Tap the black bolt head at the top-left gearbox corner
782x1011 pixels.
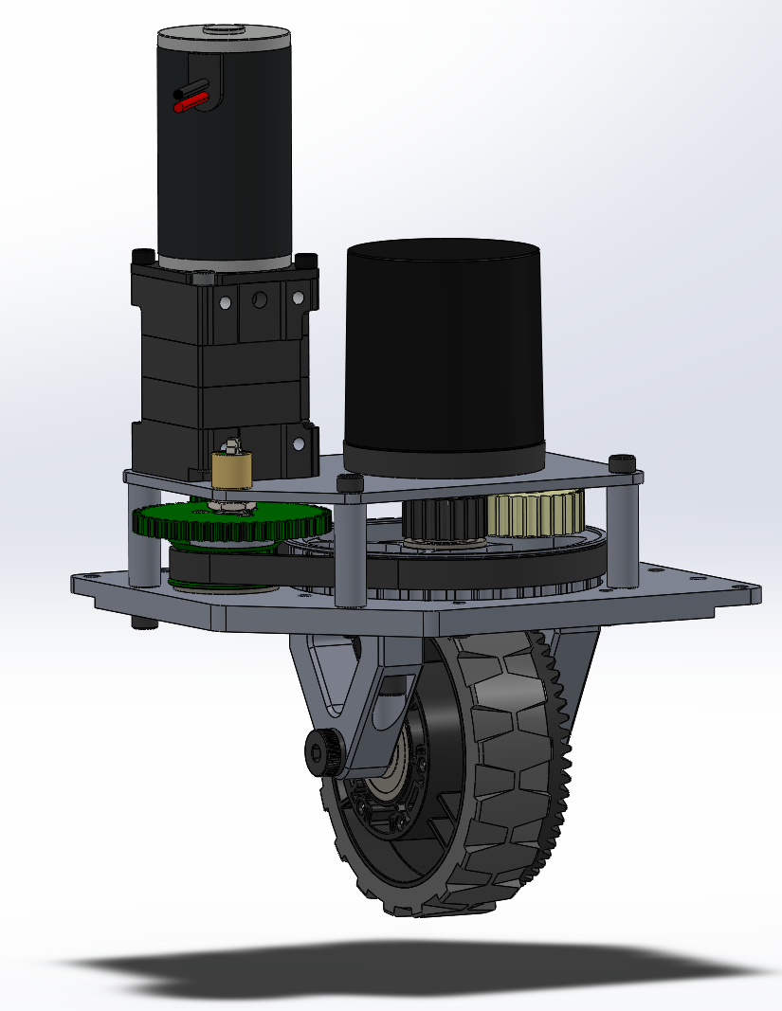142,256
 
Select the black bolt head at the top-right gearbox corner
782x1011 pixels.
305,260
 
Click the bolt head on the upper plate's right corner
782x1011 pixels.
622,462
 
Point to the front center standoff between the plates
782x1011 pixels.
349,550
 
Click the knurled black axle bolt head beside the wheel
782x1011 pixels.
318,753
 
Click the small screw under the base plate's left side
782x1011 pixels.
141,624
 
